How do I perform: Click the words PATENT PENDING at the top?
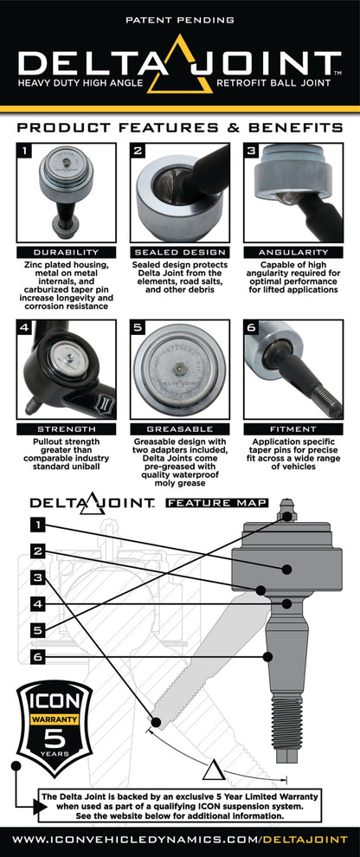coord(179,18)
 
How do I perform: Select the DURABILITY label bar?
coord(66,252)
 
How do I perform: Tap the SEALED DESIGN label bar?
coord(179,252)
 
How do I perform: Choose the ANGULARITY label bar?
coord(293,252)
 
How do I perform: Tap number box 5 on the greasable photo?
coord(138,329)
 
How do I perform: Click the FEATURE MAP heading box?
coord(217,502)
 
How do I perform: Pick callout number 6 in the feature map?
coord(38,657)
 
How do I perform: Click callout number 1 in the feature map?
coord(38,524)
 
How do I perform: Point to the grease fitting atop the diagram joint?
coord(287,512)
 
